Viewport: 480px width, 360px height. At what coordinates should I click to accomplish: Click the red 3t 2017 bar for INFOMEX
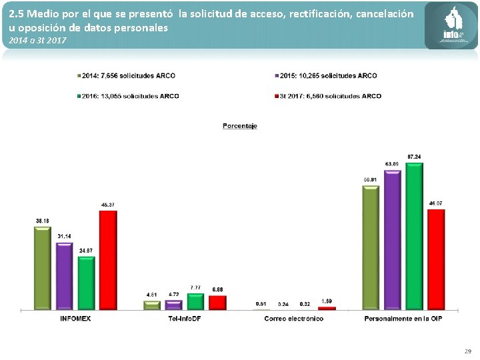point(108,260)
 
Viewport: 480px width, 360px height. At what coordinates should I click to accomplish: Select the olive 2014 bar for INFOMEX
point(43,268)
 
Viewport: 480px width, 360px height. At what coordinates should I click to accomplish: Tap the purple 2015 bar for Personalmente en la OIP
point(393,240)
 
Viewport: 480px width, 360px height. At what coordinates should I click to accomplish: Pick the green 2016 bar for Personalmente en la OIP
point(414,236)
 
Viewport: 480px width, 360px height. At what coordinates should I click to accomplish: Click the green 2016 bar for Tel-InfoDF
point(195,301)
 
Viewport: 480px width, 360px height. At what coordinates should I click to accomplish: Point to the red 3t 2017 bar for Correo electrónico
point(327,308)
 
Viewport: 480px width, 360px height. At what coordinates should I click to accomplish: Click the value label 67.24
point(414,157)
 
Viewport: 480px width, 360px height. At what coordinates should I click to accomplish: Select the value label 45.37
point(107,205)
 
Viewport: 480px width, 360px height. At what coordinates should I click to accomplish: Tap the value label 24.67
point(86,250)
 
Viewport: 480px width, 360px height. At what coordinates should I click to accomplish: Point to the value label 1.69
point(327,301)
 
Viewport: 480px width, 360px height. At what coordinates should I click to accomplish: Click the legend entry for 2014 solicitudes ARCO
point(127,76)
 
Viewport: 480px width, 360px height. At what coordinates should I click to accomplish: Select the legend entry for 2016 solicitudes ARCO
point(129,96)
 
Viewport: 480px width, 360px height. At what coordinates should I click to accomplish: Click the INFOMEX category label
point(75,319)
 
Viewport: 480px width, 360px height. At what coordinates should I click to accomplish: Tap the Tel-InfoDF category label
point(185,319)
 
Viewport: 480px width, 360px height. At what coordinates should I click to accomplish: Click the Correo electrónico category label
point(293,319)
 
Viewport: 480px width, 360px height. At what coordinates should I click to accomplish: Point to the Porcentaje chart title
point(240,126)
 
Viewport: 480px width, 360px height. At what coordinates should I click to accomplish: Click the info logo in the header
point(451,27)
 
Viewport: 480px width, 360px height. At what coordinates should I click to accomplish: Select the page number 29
point(467,351)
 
